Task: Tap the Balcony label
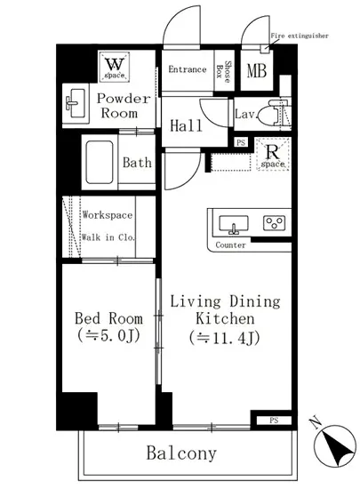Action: (180, 453)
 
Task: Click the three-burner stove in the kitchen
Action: (273, 222)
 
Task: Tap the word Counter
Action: (230, 244)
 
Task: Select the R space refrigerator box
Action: (271, 156)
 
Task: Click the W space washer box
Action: (116, 64)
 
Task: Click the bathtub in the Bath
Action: (100, 163)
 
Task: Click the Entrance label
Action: (187, 69)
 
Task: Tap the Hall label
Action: (185, 126)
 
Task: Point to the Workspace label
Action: (107, 215)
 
